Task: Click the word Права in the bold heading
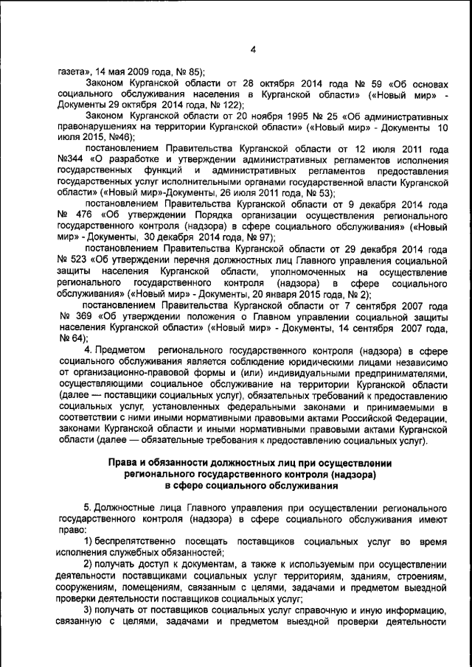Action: pyautogui.click(x=126, y=464)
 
